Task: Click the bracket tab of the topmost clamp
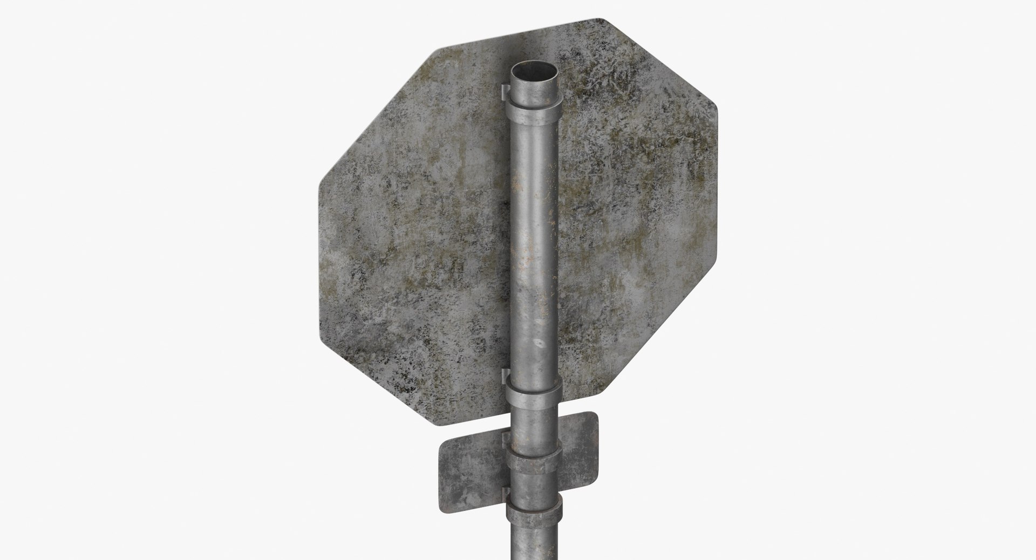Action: click(504, 92)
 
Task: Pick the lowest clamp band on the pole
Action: click(534, 510)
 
